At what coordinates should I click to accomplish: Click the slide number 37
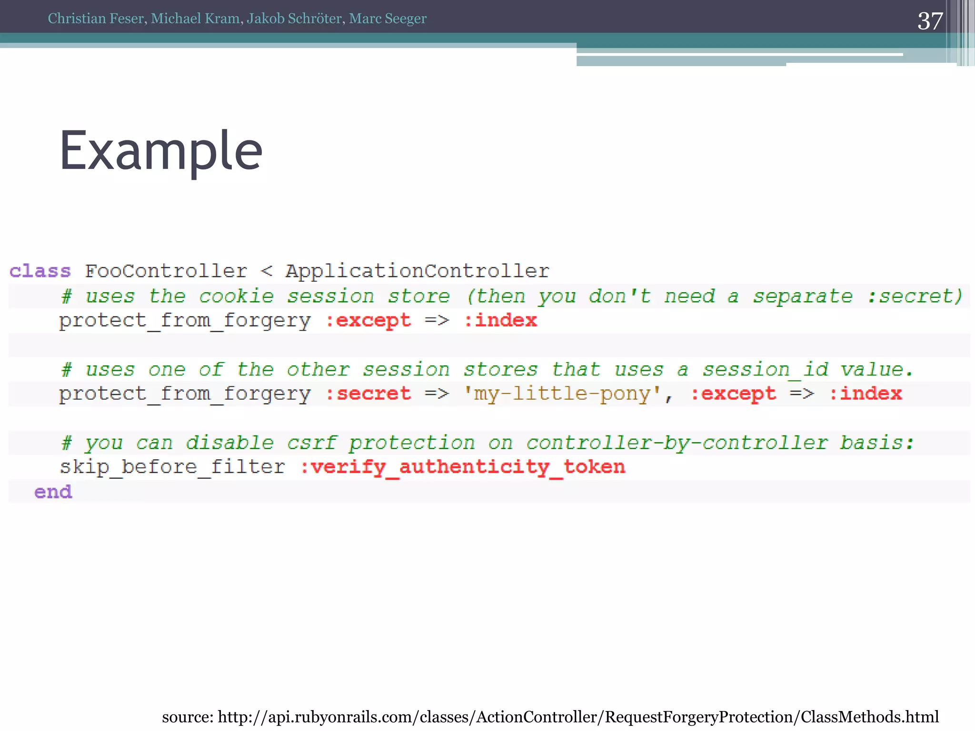pos(930,21)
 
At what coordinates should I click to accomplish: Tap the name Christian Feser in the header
pos(96,19)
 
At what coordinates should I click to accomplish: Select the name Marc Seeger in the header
pos(388,19)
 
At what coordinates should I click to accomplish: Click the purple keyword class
pos(40,271)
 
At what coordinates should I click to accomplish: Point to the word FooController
pos(166,271)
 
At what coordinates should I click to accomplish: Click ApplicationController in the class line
pos(417,271)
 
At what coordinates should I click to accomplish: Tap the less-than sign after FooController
pos(267,271)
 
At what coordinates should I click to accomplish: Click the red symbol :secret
pos(368,394)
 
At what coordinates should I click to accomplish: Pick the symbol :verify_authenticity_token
pos(462,467)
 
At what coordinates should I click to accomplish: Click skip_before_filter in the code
pos(172,467)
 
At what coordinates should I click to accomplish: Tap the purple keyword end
pos(53,492)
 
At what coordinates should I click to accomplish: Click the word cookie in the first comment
pos(236,296)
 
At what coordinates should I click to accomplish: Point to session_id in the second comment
pos(766,370)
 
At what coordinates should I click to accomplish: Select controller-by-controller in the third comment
pos(677,443)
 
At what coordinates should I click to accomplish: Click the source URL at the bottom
pos(578,717)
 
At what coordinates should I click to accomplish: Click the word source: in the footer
pos(188,717)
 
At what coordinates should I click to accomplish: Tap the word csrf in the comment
pos(312,443)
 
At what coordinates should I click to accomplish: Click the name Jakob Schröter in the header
pos(294,19)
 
